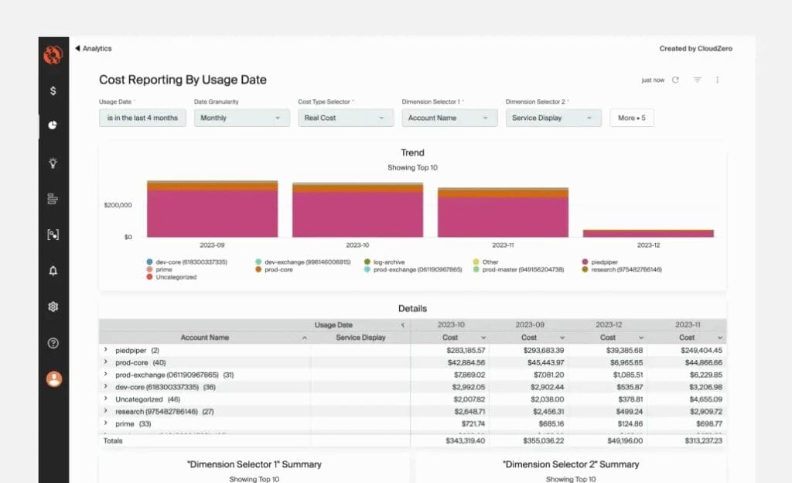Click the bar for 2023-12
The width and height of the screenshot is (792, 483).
pos(648,233)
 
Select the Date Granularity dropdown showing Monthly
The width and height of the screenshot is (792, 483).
pos(240,118)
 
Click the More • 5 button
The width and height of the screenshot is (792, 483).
pos(632,118)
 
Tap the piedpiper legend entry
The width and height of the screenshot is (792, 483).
pos(604,262)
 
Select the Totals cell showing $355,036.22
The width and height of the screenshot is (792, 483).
pos(538,440)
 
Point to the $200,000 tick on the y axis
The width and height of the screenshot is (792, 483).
pos(118,205)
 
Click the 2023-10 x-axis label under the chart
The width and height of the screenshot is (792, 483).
pos(357,245)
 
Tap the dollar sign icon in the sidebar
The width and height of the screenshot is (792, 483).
pos(53,91)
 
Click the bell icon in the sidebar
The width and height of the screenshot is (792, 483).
pos(53,270)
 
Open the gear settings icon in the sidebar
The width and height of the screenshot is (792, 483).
pos(53,307)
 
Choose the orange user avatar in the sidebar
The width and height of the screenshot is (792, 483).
pos(53,379)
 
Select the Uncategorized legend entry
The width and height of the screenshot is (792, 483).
pos(175,277)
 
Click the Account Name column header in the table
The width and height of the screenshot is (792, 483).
pos(205,337)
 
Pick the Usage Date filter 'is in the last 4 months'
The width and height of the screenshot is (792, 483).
pos(142,118)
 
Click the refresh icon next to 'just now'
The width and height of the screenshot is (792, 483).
pos(675,80)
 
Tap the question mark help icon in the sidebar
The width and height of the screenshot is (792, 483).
pos(53,343)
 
